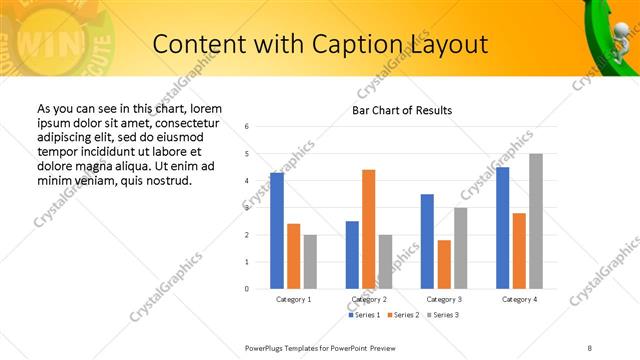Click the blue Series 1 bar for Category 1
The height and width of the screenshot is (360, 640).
pyautogui.click(x=277, y=230)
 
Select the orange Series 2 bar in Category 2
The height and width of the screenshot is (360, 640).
pyautogui.click(x=368, y=229)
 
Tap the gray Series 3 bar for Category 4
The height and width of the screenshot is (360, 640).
pyautogui.click(x=536, y=221)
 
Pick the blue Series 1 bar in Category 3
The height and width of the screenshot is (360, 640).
pyautogui.click(x=427, y=241)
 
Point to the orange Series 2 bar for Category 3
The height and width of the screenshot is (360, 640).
pyautogui.click(x=444, y=264)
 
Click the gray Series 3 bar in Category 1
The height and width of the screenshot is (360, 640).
pyautogui.click(x=310, y=261)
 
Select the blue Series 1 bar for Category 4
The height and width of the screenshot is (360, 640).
pyautogui.click(x=503, y=227)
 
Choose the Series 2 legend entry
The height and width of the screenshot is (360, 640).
pyautogui.click(x=402, y=315)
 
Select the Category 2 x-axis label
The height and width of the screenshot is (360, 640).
pyautogui.click(x=369, y=299)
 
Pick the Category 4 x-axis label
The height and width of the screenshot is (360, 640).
pyautogui.click(x=519, y=299)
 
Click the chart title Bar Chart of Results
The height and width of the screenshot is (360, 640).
pyautogui.click(x=402, y=110)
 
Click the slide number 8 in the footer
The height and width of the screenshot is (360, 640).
pyautogui.click(x=589, y=346)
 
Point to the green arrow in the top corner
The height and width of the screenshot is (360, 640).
pyautogui.click(x=606, y=30)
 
